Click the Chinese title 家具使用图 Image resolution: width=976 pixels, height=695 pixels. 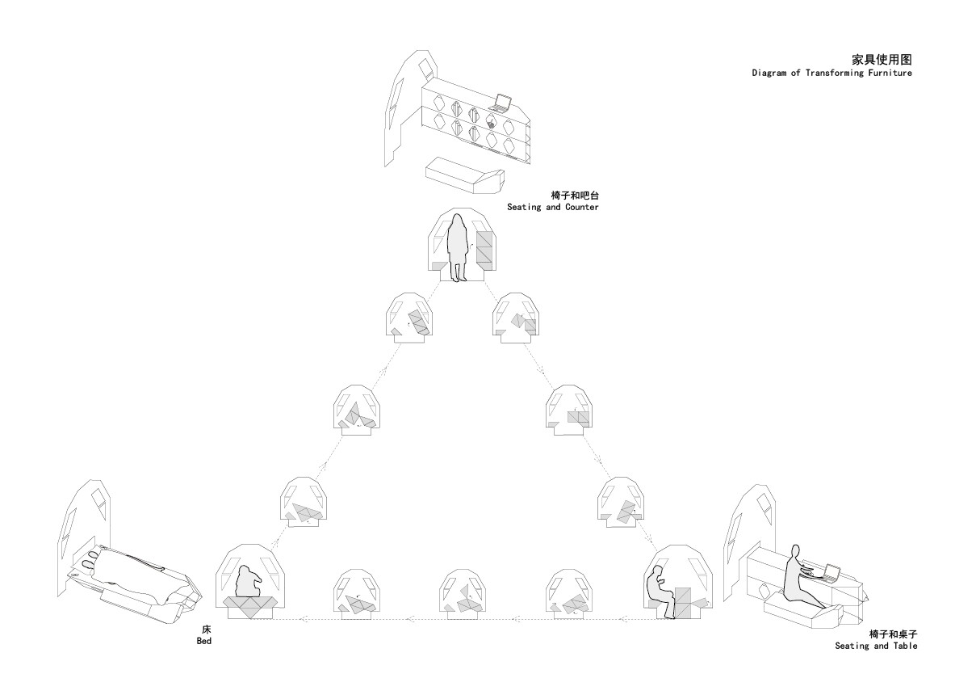tap(882, 59)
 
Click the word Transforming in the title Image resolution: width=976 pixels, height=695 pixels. tap(834, 73)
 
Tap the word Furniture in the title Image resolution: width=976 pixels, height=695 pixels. tap(890, 73)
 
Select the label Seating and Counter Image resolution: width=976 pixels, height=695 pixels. tap(552, 207)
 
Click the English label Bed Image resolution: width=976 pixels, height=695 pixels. tap(204, 641)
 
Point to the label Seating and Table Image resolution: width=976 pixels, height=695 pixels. tap(876, 646)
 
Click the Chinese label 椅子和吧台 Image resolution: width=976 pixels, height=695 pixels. tap(575, 195)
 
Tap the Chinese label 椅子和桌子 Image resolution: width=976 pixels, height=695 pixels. tap(893, 634)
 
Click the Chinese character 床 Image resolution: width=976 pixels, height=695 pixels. tap(206, 630)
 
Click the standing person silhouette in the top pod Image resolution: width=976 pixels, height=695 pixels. tap(458, 247)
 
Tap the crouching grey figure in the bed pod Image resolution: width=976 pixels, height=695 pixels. tap(249, 581)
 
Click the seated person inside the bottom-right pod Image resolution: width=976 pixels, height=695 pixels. tap(660, 592)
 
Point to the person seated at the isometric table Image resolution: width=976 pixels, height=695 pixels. tap(801, 577)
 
